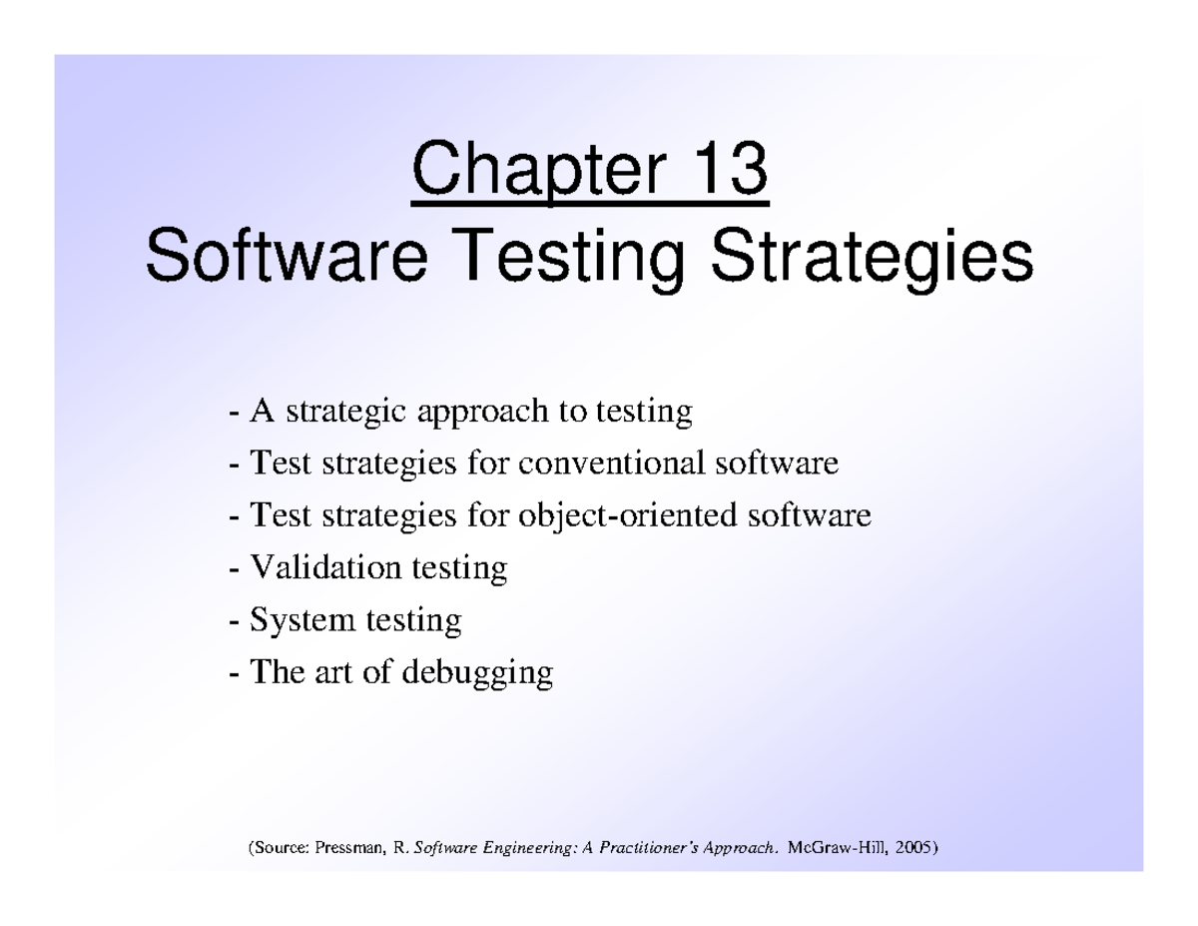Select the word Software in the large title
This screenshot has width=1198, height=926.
[x=287, y=256]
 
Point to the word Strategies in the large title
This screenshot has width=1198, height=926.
[x=873, y=261]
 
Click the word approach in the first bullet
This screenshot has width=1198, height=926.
[x=483, y=414]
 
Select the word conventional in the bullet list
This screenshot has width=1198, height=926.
[x=611, y=463]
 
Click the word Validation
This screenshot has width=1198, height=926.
[x=325, y=567]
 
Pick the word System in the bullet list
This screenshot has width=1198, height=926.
[x=302, y=621]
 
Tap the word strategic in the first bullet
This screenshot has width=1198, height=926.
[x=346, y=414]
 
